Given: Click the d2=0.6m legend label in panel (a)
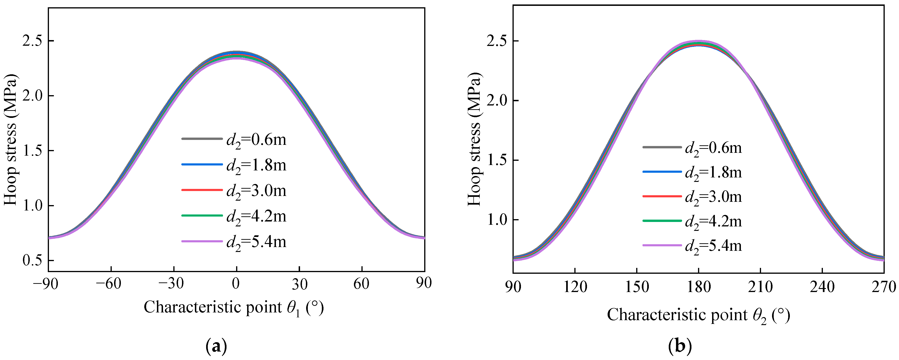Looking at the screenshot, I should (x=256, y=140).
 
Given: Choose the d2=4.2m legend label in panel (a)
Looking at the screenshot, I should (x=256, y=217).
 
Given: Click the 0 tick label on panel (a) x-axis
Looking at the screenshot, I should (x=236, y=284).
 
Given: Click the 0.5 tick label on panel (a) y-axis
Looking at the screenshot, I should (x=32, y=260).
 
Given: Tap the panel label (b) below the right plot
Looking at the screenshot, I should (x=680, y=346).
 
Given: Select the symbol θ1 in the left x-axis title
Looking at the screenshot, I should (x=293, y=308).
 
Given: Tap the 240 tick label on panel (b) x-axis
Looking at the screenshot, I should (x=822, y=287).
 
